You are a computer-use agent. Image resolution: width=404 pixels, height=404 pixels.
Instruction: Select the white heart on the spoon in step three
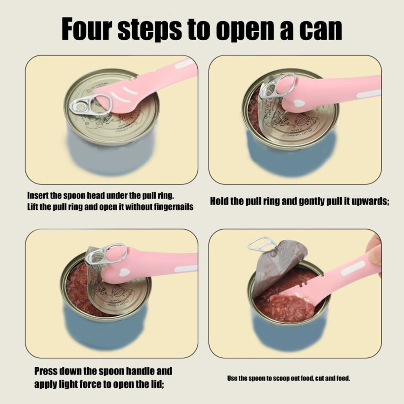click(125, 272)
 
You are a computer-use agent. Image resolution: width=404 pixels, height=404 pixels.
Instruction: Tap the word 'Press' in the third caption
click(46, 371)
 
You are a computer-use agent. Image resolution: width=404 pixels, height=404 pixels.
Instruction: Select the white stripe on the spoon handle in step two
click(369, 94)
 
